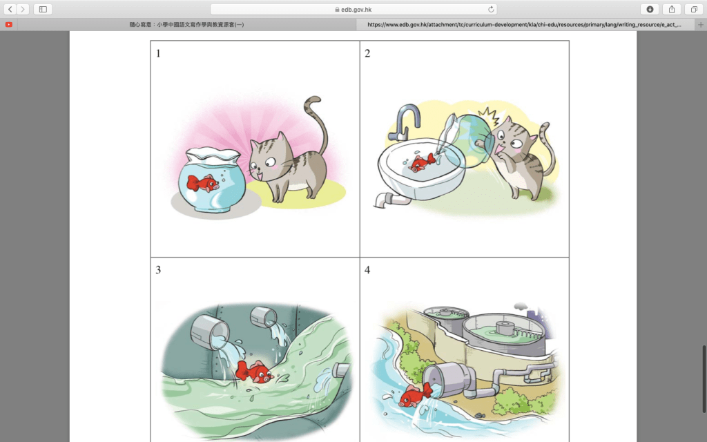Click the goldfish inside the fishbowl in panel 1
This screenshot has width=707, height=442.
(203, 183)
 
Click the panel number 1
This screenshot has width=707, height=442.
(158, 54)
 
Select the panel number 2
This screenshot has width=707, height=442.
(367, 54)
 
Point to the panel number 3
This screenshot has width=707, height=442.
(158, 270)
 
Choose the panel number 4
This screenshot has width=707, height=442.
(367, 270)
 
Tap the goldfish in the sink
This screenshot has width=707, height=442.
(422, 162)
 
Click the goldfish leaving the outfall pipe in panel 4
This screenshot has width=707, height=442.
(415, 396)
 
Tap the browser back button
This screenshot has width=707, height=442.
(10, 9)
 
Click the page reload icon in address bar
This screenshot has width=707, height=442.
(491, 9)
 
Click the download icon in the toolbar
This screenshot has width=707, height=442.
(650, 9)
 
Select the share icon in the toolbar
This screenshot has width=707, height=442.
(672, 9)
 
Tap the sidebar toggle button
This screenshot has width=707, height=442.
(43, 9)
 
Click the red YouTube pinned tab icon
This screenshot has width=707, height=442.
(8, 24)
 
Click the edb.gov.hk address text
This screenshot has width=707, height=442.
(356, 10)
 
